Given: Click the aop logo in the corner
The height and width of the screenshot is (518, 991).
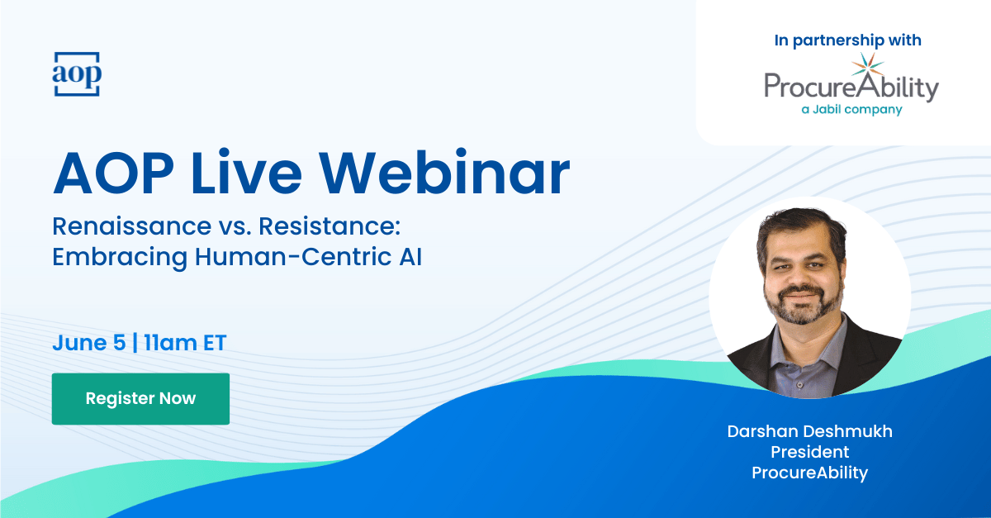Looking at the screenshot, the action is [x=77, y=74].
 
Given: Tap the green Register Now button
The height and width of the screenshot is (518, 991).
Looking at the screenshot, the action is [x=140, y=398].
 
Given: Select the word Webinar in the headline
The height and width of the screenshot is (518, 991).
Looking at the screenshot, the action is [x=444, y=173].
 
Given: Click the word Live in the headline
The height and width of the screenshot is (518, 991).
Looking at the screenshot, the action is [x=247, y=173].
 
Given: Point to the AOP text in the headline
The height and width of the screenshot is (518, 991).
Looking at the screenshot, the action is [x=113, y=173].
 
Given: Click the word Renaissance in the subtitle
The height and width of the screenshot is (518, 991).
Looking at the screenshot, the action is [x=132, y=226].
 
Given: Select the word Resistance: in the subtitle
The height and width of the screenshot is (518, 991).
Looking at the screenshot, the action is [x=330, y=226].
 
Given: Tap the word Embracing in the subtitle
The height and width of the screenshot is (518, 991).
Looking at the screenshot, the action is [x=120, y=258].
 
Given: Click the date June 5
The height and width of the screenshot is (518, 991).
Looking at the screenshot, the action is [x=89, y=343].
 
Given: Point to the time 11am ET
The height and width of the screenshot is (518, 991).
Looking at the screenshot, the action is [x=185, y=343].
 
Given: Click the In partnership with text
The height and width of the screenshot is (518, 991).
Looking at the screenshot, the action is [x=847, y=40].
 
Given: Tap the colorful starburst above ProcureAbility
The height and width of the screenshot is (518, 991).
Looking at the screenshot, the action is [x=868, y=65].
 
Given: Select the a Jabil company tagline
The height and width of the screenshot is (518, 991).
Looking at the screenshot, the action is [x=851, y=109].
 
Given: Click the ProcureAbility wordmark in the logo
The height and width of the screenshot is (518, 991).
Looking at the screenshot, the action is [x=851, y=87].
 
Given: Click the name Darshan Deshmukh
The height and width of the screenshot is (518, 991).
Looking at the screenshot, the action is [x=809, y=431].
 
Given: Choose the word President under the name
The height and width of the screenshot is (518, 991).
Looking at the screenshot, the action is [x=809, y=452].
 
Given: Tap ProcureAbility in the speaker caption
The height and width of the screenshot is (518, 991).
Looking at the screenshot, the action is [x=809, y=473].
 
